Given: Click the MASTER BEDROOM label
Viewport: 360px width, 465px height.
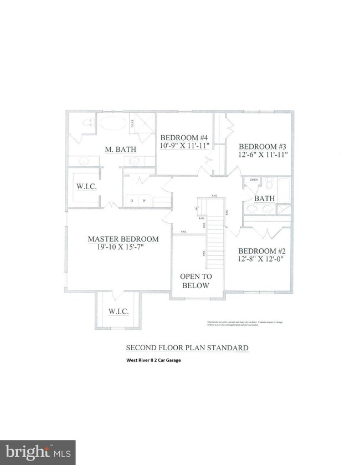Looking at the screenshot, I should (123, 239).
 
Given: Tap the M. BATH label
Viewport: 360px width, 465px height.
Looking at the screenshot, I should (121, 149).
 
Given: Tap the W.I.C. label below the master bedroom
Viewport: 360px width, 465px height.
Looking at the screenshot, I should (119, 311).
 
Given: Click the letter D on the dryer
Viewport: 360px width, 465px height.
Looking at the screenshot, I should (132, 201).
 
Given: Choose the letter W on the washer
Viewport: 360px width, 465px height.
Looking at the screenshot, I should (145, 201).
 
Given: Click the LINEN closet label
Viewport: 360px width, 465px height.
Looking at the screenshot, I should (254, 180).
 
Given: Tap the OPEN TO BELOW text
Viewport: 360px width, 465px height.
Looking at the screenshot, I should (196, 281).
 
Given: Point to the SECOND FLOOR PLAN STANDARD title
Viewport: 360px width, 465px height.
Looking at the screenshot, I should (187, 348).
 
